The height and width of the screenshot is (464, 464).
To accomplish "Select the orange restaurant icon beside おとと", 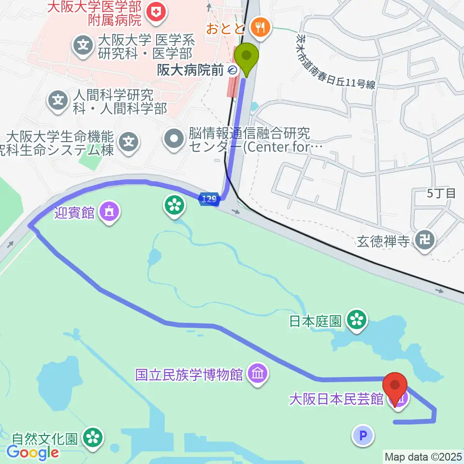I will tap(261, 27).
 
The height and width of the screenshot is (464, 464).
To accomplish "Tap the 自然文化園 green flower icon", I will tap(93, 438).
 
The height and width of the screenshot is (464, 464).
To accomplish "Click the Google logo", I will tap(33, 452).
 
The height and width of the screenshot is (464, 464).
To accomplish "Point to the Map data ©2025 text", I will tap(423, 456).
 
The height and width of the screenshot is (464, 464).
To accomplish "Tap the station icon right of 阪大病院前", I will tap(232, 71).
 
